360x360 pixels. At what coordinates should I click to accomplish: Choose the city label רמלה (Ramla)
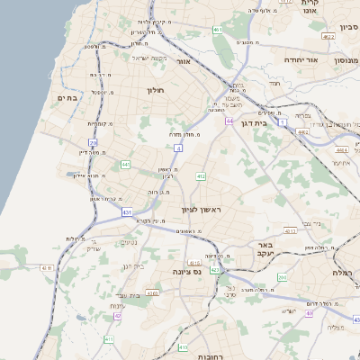pos(344,272)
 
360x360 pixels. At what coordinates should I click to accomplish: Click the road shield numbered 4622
pos(328,37)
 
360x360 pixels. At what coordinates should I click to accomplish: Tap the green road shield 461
pos(218,30)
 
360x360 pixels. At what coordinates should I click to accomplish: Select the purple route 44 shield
pos(229,120)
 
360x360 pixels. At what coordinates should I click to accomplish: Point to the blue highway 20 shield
pos(93,142)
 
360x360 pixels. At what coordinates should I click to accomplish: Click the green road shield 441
pos(125,164)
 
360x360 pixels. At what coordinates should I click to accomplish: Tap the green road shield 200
pos(282,278)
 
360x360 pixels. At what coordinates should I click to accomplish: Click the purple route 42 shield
pos(117,315)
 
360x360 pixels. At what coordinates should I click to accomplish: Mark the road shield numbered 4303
pos(152,292)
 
